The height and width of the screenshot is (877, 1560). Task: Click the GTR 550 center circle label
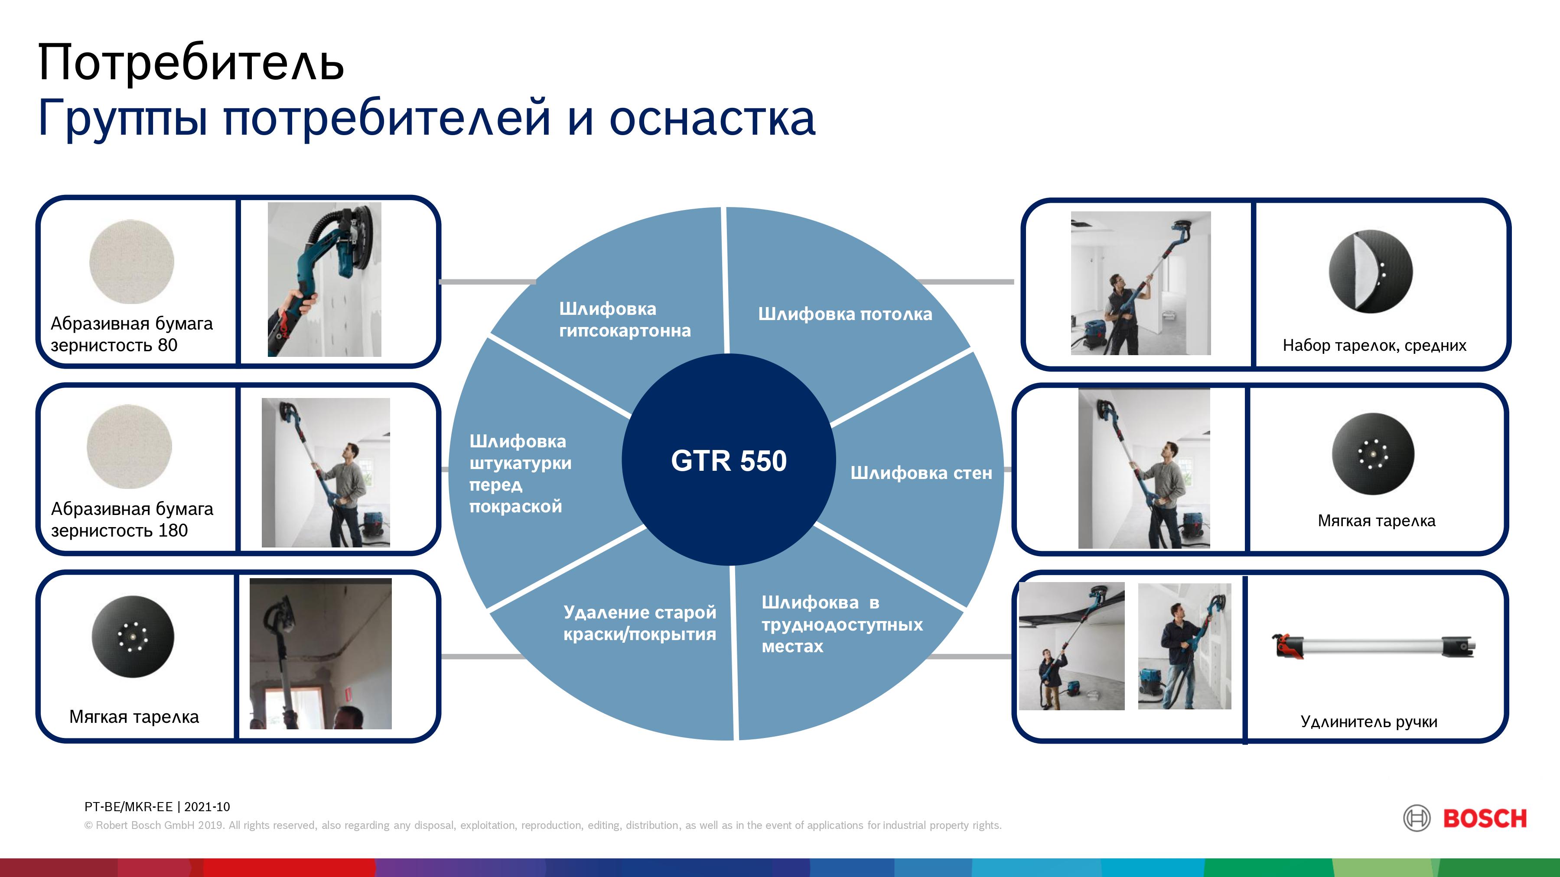(729, 461)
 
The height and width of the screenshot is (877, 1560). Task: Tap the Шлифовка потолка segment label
(845, 314)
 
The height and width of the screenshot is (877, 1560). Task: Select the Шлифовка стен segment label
(921, 472)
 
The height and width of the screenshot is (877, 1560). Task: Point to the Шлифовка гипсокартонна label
(624, 320)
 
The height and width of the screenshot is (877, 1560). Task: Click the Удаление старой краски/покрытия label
(639, 623)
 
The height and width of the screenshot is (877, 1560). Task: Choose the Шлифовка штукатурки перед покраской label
(520, 473)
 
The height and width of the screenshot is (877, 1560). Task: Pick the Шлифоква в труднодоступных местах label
(842, 624)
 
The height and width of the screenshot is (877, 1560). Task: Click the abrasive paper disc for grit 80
(131, 262)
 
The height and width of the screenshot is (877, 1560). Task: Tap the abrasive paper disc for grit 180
(129, 447)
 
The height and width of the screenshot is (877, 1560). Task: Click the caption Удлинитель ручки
(1369, 722)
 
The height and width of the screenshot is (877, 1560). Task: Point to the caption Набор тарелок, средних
(1374, 346)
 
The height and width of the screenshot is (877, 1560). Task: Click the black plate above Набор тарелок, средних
(1371, 271)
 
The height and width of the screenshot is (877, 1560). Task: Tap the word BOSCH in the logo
(1485, 819)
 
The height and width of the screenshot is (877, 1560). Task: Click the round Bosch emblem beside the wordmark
(1417, 819)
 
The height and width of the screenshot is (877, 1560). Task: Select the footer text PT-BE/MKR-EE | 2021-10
(157, 807)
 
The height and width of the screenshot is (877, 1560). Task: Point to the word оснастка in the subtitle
(712, 118)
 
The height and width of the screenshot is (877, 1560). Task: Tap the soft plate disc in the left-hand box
(133, 637)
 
